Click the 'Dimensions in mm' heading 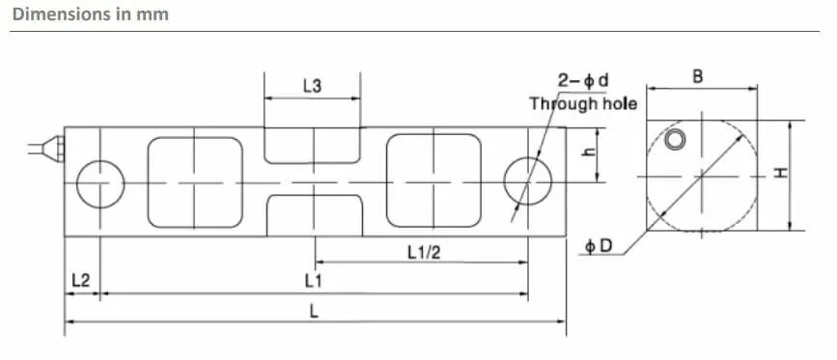tap(90, 14)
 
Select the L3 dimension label tap(312, 86)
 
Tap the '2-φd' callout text tap(583, 80)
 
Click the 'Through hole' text tap(583, 103)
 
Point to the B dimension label tap(697, 77)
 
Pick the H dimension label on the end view tap(781, 174)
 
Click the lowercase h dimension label tap(589, 152)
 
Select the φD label tap(599, 246)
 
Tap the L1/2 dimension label tap(425, 252)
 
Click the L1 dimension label tap(314, 281)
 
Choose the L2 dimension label tap(80, 280)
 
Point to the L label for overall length tap(314, 311)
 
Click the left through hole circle tap(100, 160)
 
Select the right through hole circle tap(527, 156)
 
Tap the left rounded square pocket tap(148, 182)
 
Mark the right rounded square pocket tap(386, 180)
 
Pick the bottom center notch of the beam tap(315, 195)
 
